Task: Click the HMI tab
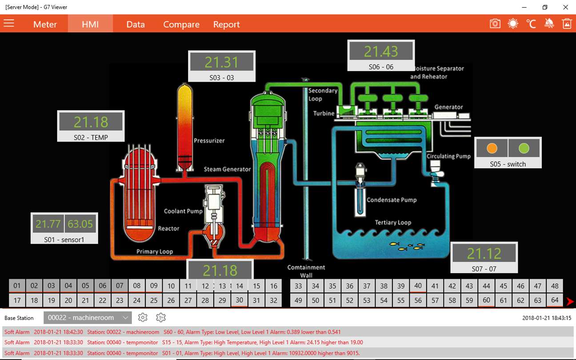coord(90,24)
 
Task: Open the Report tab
coord(226,24)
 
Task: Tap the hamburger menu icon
coord(9,23)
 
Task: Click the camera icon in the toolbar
coord(495,24)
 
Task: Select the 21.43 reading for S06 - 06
coord(381,52)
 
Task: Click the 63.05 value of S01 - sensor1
coord(80,224)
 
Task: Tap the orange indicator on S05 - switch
coord(492,148)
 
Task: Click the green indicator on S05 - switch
coord(524,148)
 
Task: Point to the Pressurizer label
coord(209,140)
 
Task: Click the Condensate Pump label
coord(392,200)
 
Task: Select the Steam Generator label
coord(227,169)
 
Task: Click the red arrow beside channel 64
coord(570,302)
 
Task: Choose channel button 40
coord(418,286)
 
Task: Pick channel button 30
coord(240,300)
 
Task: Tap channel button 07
coord(120,286)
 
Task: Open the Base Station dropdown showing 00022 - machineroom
coord(88,318)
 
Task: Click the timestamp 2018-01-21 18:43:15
coord(547,318)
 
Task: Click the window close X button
coord(565,7)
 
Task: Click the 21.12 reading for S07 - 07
coord(484,253)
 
